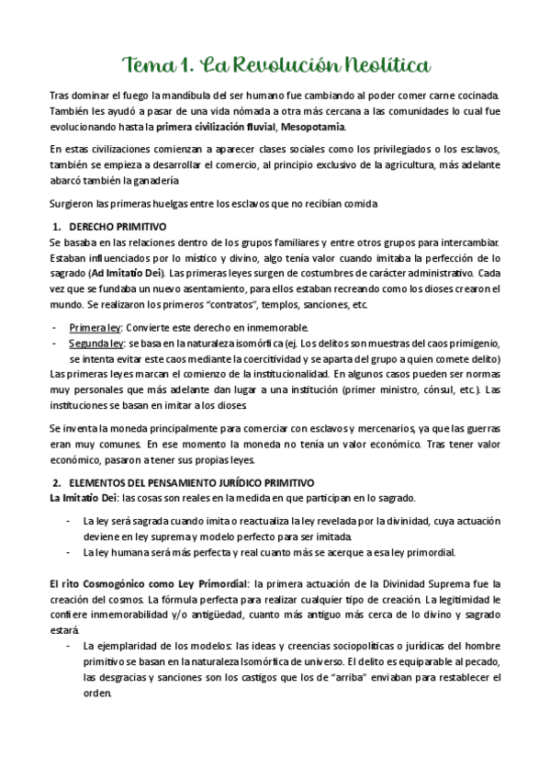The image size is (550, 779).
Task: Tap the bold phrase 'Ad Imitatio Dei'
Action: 128,273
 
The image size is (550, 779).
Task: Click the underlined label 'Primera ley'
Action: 93,328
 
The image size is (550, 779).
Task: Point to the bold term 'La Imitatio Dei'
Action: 82,498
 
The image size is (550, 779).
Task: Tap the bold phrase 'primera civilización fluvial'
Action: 216,126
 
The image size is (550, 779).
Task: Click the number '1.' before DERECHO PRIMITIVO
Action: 56,227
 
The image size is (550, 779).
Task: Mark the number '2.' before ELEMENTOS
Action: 56,482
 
